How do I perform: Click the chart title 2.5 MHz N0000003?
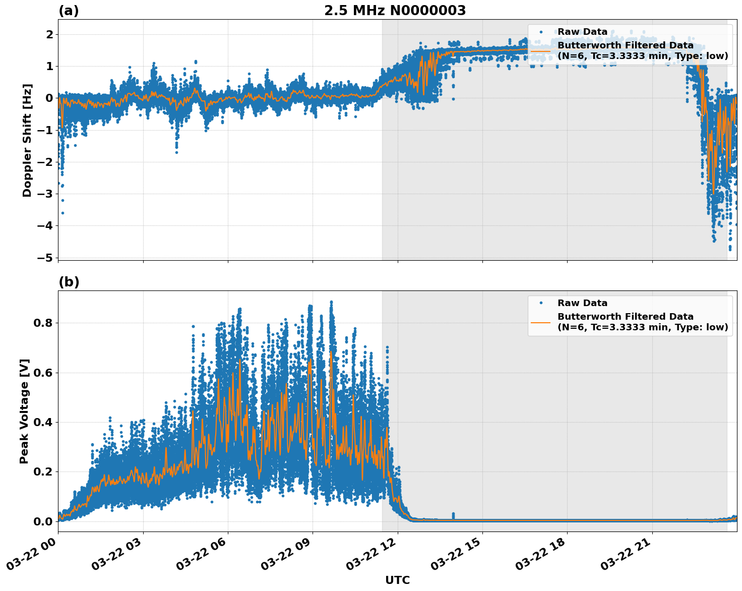(x=395, y=11)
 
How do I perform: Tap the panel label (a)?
(x=69, y=11)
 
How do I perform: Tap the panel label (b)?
(x=69, y=282)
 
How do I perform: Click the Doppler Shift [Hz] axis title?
(x=27, y=140)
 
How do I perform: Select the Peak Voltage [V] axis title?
(x=24, y=411)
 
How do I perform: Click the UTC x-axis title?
(x=397, y=580)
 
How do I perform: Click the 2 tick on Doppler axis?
(x=49, y=34)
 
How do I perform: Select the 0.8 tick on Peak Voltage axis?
(x=42, y=323)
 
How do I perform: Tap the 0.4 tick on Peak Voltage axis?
(x=42, y=422)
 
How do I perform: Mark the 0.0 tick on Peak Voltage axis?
(x=42, y=521)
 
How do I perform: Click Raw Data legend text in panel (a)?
(x=582, y=32)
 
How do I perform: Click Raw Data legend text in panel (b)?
(x=582, y=303)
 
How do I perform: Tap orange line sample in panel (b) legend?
(x=540, y=322)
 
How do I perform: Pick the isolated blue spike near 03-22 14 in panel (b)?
(x=453, y=515)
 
